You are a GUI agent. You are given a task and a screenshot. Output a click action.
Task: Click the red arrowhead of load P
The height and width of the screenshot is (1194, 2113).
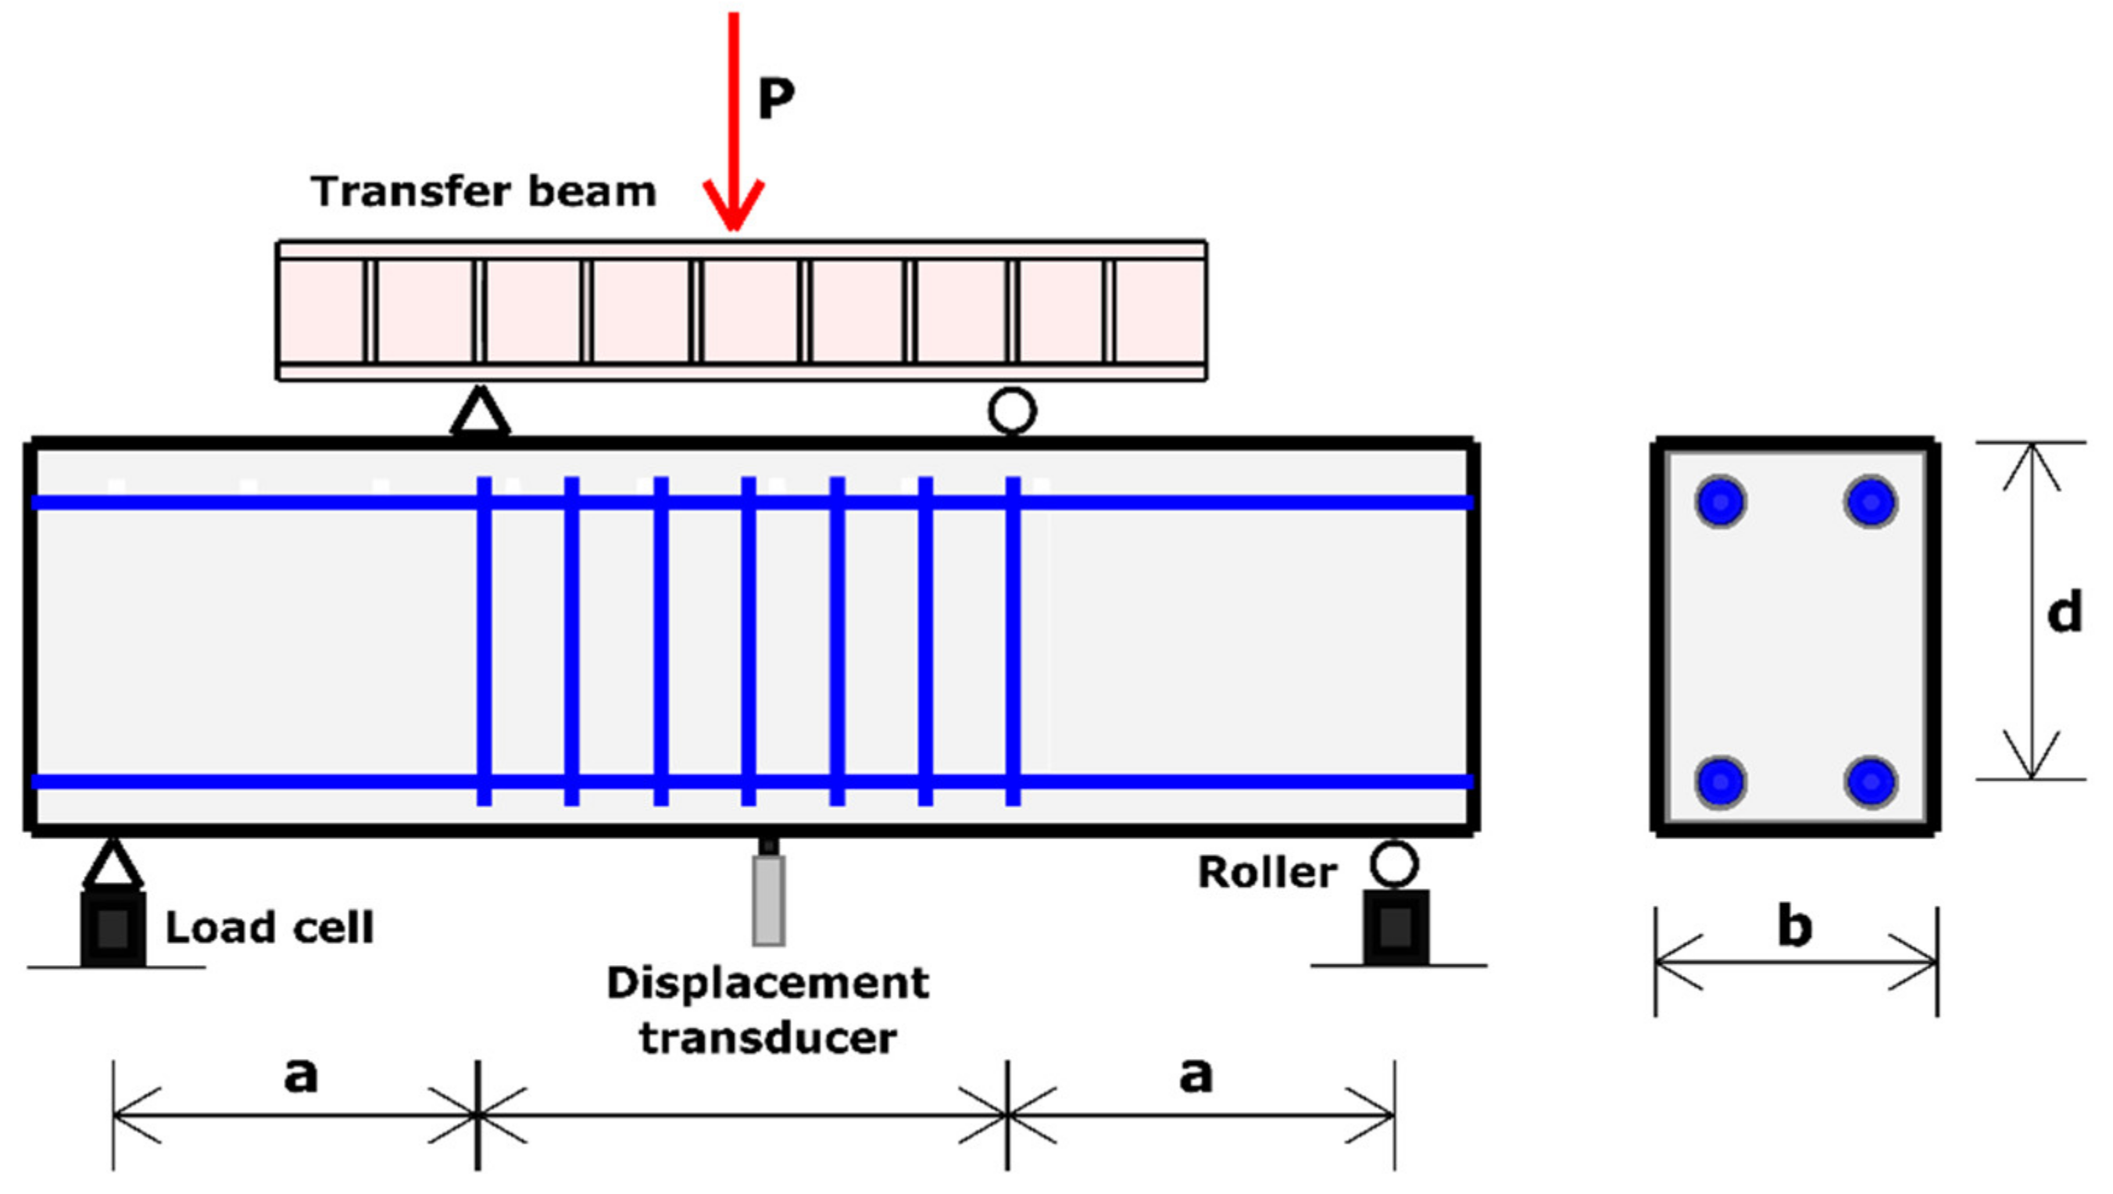(x=733, y=205)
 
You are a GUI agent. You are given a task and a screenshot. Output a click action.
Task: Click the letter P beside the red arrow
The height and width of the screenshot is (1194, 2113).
(x=775, y=98)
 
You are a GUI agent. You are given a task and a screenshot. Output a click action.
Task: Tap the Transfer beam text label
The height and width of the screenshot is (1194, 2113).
(x=483, y=192)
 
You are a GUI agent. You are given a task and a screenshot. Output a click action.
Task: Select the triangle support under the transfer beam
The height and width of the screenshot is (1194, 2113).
(x=481, y=413)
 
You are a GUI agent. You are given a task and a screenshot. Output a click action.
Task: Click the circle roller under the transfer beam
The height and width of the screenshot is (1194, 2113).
(x=1012, y=411)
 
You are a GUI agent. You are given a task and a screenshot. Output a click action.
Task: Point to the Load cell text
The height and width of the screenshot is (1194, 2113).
(x=269, y=928)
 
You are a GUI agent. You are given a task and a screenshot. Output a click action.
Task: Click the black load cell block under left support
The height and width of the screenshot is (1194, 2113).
(x=113, y=928)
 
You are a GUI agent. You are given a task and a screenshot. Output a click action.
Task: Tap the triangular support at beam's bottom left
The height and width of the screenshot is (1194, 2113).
(x=113, y=865)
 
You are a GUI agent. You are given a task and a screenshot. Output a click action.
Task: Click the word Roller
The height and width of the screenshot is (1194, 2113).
(x=1267, y=872)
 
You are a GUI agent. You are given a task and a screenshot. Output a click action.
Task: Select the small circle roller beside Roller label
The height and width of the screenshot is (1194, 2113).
(x=1393, y=863)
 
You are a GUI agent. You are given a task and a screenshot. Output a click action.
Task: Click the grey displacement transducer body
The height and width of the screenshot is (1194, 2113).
(x=769, y=900)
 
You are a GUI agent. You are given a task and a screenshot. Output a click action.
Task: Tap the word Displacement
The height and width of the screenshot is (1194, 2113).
(x=768, y=982)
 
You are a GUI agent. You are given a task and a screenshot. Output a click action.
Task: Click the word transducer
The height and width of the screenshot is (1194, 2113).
(x=768, y=1038)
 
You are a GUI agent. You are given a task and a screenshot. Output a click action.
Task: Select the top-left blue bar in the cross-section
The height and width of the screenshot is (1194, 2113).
(x=1720, y=501)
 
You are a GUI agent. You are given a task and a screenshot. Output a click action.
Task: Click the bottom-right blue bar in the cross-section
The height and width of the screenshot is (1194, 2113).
(x=1871, y=781)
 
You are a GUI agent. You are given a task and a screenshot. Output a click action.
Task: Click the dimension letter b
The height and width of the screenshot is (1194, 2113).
(x=1794, y=927)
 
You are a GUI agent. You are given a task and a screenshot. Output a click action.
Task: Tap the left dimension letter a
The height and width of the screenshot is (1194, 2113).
(x=300, y=1074)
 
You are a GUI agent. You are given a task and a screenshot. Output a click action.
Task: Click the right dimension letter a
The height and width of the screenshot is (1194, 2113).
(x=1195, y=1074)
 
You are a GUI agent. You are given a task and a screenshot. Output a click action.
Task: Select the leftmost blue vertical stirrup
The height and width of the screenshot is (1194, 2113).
(x=484, y=640)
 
